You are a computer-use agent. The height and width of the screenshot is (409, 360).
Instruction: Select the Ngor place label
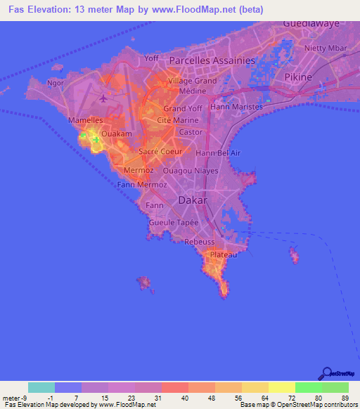click(x=55, y=82)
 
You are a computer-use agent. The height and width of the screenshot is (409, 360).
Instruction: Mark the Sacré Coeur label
click(x=160, y=151)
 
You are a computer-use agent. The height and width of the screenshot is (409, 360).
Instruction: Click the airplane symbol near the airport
click(x=105, y=98)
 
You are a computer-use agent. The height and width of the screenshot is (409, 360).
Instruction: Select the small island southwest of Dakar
click(x=146, y=283)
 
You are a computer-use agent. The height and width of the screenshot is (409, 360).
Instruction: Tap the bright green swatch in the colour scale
click(x=308, y=387)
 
